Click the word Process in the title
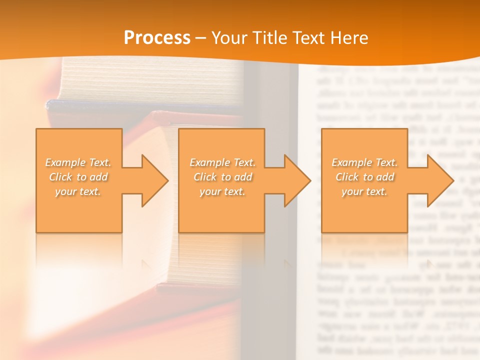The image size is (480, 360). (157, 38)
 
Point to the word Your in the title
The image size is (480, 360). (229, 38)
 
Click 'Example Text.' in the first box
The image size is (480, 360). (78, 162)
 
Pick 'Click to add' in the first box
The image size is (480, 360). (78, 177)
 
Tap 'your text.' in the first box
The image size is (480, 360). (78, 191)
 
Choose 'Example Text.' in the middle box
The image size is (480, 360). (222, 162)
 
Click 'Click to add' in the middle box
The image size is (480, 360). (222, 177)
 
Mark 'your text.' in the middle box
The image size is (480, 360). (222, 191)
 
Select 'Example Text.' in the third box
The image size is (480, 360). (364, 162)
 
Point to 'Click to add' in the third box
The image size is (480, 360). (364, 177)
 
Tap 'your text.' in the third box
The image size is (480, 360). (364, 191)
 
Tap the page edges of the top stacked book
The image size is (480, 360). (150, 80)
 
